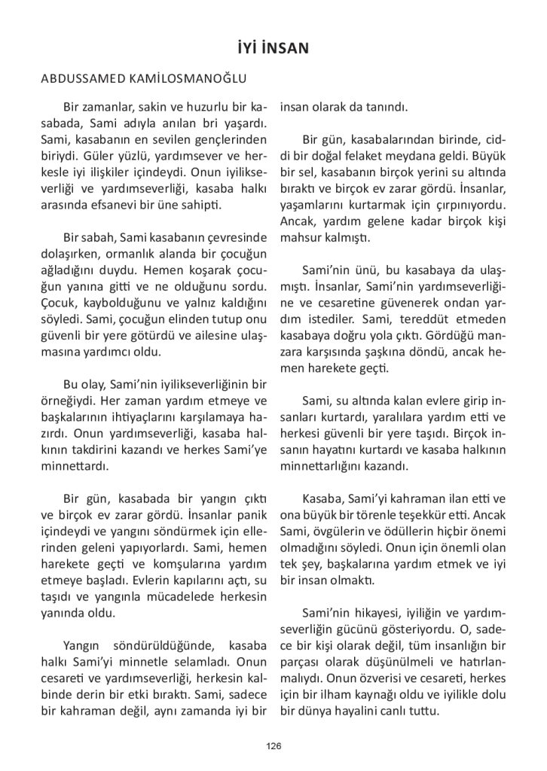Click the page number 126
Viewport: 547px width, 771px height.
point(273,746)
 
